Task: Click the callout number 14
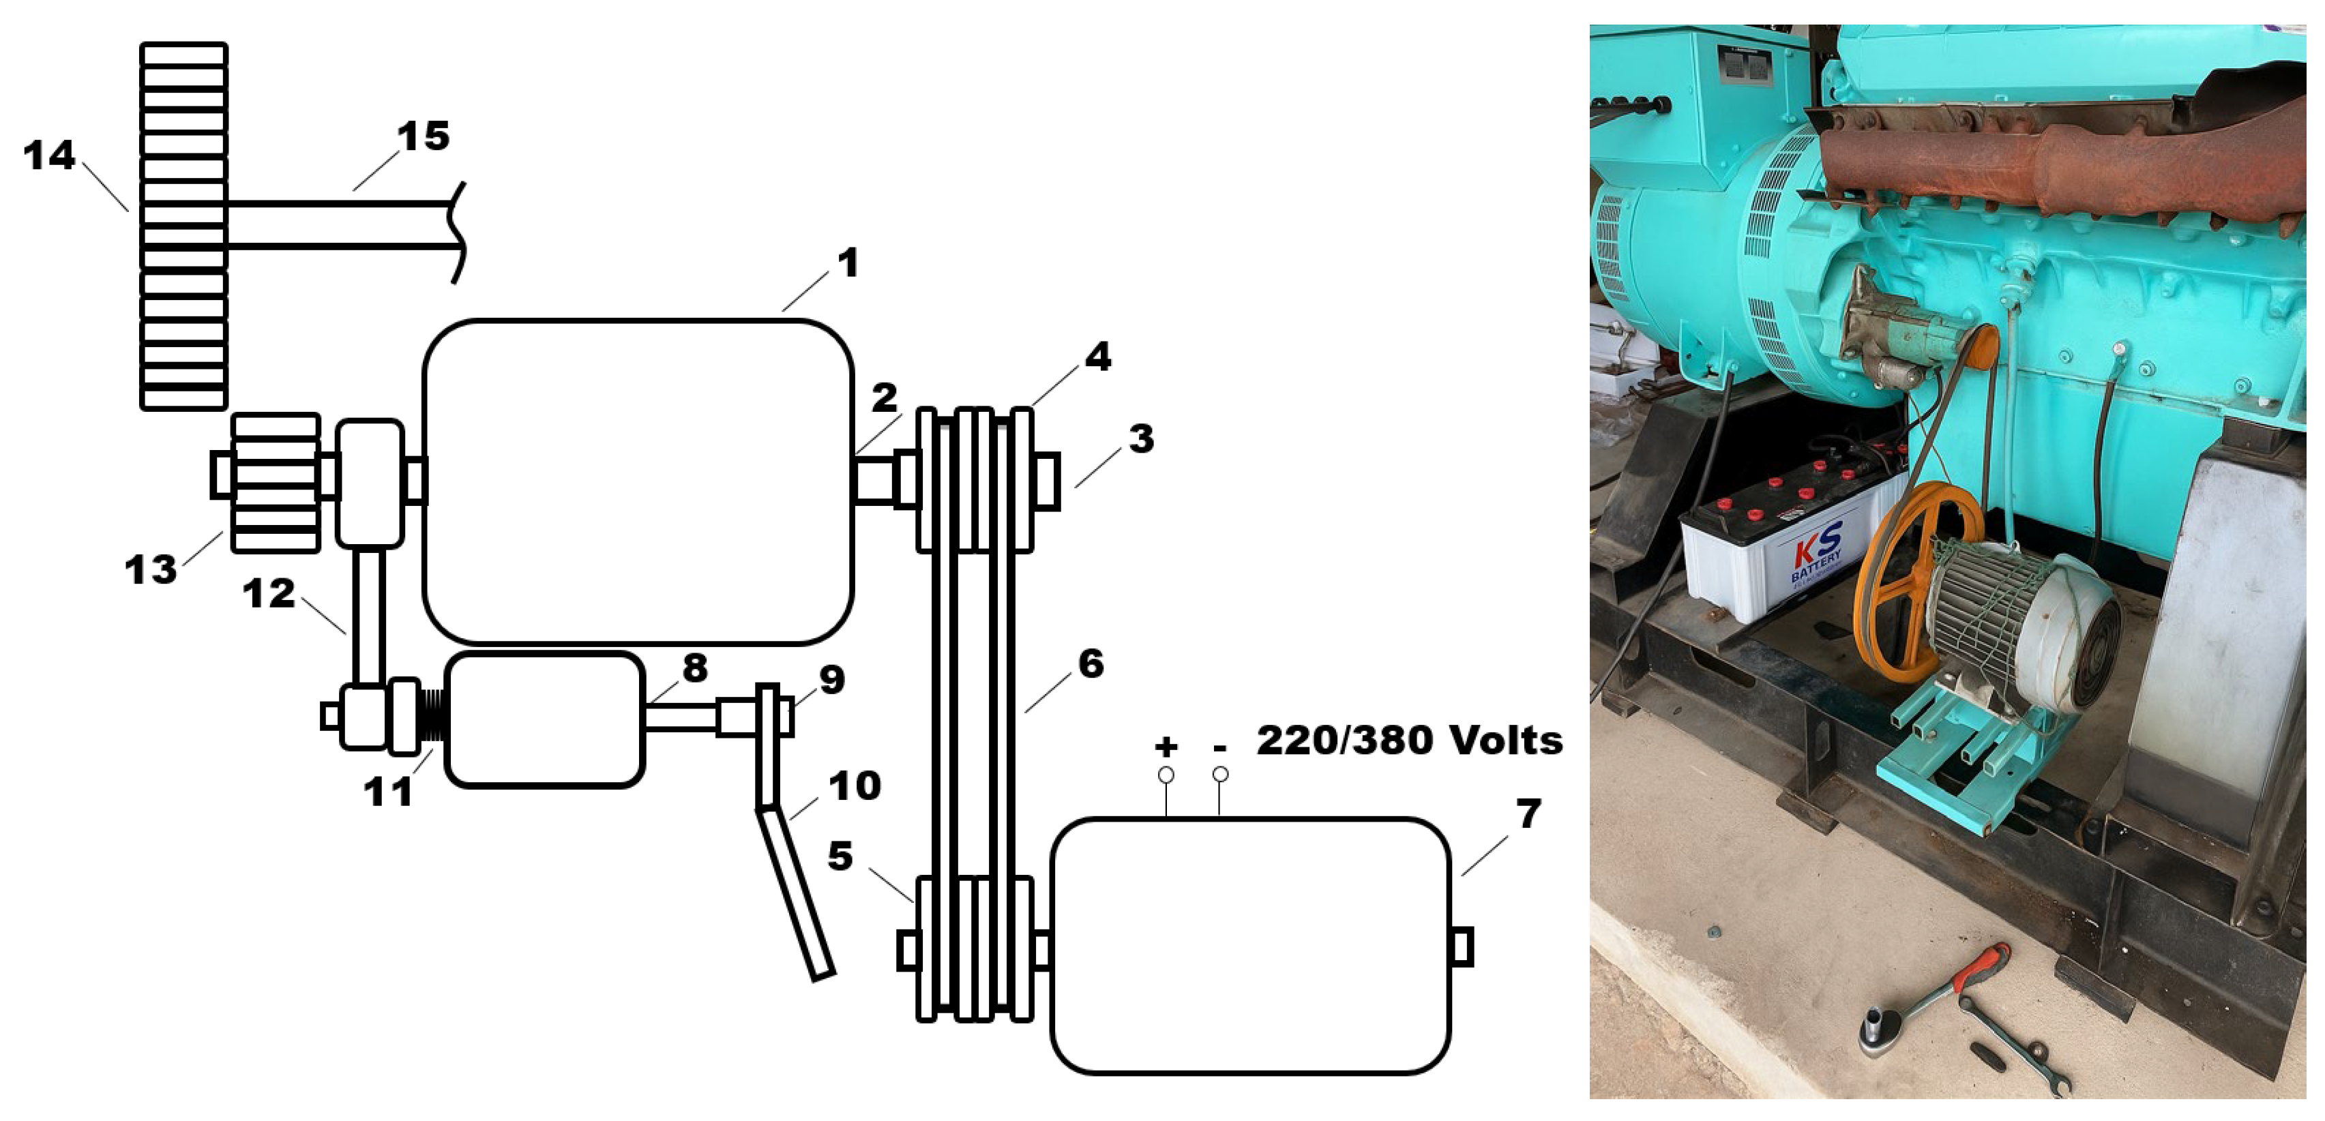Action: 48,155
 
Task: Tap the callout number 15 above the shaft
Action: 424,136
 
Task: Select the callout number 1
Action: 848,263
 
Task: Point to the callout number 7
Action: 1528,814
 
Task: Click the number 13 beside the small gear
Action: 151,569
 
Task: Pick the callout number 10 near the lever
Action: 854,786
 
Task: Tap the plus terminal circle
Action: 1166,775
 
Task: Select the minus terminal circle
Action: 1220,775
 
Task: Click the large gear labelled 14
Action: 183,226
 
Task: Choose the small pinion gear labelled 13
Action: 276,482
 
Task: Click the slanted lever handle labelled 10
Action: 795,892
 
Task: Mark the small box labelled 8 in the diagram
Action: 544,719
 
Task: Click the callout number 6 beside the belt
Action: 1091,664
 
